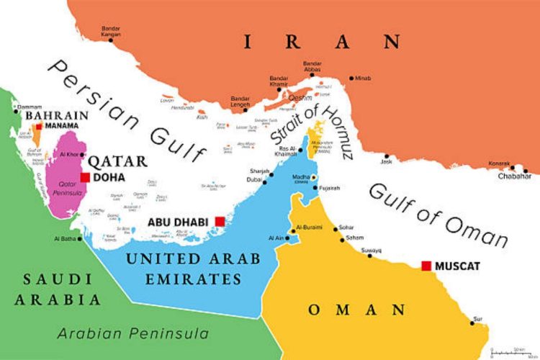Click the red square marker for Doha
click(x=85, y=177)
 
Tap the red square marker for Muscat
click(x=426, y=266)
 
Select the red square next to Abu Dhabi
click(x=220, y=221)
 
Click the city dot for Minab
click(x=351, y=78)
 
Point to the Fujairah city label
click(x=330, y=188)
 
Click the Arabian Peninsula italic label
click(x=133, y=333)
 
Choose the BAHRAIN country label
click(x=57, y=115)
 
